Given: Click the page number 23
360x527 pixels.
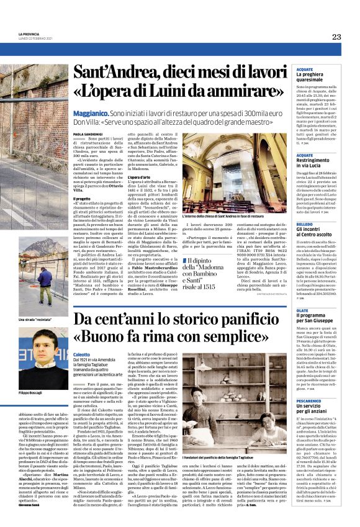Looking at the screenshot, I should [x=336, y=37].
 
